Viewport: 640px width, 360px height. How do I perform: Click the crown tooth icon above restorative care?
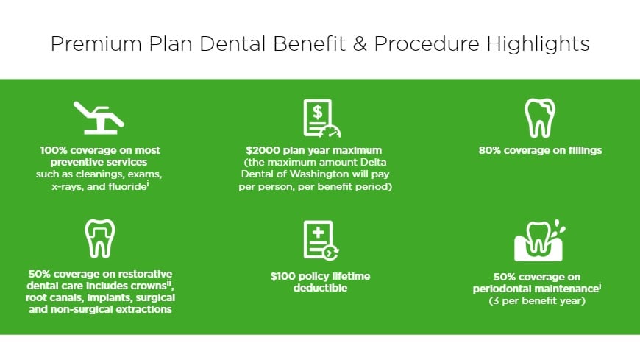[x=99, y=239]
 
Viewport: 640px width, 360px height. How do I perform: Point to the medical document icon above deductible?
[x=320, y=240]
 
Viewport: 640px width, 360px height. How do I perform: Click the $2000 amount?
[x=263, y=150]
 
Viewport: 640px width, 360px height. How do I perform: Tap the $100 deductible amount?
[x=284, y=276]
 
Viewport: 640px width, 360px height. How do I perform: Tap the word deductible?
[x=319, y=288]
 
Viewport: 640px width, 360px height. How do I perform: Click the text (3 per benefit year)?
[x=539, y=301]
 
